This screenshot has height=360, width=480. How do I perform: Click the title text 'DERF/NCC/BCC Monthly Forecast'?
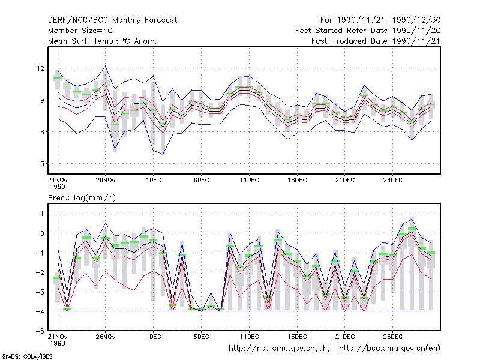(112, 20)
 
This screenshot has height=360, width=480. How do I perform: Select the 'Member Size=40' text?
(80, 31)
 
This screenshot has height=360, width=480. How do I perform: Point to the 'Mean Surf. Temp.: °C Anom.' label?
(103, 41)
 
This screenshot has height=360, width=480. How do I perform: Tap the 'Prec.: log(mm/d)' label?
(82, 198)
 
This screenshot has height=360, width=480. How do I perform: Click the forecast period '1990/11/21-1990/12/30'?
(389, 20)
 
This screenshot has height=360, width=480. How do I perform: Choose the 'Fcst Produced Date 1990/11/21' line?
(376, 41)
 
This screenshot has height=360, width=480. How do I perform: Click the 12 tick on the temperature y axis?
(40, 68)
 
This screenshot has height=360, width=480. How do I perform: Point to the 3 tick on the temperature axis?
(42, 164)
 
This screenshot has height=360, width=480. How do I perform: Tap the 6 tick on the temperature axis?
(42, 132)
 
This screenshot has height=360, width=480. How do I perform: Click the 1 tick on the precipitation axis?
(42, 214)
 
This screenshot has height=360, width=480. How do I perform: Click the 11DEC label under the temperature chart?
(249, 181)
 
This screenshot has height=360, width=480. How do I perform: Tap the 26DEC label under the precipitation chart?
(392, 337)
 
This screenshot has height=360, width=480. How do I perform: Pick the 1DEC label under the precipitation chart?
(154, 337)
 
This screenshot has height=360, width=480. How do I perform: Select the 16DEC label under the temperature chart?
(297, 181)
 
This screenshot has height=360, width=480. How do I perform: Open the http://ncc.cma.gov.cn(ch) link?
(279, 349)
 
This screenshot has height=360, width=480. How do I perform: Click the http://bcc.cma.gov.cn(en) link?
(389, 349)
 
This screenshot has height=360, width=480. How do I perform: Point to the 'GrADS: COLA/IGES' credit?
(27, 356)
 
